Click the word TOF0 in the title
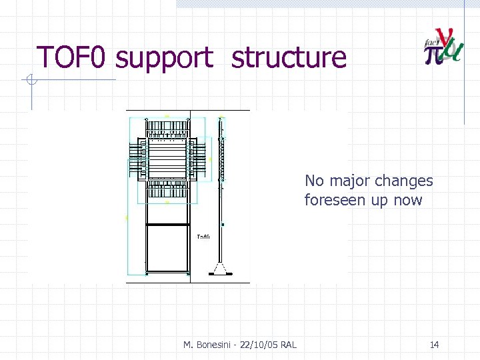coord(71,57)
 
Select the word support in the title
coord(165,59)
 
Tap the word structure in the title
coord(289,57)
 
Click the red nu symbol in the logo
coord(443,39)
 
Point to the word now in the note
coord(408,201)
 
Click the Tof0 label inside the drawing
coord(203,237)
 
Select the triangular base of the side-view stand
coord(221,269)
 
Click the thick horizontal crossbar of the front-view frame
coord(167,225)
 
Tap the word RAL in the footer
coord(289,345)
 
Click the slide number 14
coord(434,345)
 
